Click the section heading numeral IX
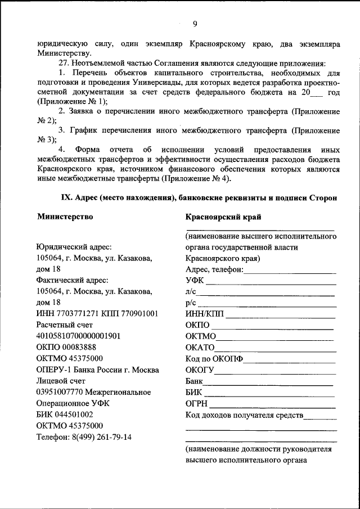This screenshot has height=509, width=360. pyautogui.click(x=66, y=197)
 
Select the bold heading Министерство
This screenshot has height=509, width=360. pyautogui.click(x=65, y=216)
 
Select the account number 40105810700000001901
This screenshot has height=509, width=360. pyautogui.click(x=79, y=336)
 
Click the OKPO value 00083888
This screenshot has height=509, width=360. pyautogui.click(x=80, y=347)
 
